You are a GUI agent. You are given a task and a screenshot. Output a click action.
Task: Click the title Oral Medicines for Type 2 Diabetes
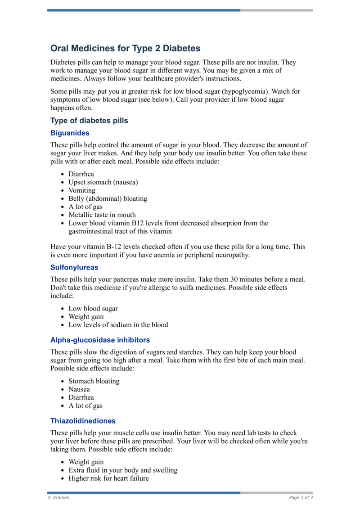tap(125, 48)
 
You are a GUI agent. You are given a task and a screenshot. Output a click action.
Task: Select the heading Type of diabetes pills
tap(89, 121)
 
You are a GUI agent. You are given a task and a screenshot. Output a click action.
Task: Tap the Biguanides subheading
tap(70, 133)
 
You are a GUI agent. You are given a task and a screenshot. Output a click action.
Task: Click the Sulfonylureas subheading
tap(74, 267)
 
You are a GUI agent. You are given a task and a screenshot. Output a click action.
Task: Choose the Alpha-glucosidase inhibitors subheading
tap(100, 340)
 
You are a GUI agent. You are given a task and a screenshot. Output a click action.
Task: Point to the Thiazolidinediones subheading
tap(83, 421)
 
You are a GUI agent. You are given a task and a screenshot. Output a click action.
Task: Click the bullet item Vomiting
tap(82, 190)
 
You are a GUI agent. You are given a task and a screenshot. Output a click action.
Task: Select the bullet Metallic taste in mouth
tap(102, 215)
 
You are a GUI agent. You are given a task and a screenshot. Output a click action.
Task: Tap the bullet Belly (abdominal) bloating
tap(108, 198)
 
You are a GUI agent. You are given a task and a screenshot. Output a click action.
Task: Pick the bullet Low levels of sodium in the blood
tap(118, 324)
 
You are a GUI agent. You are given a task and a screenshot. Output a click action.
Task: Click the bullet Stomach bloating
tap(94, 381)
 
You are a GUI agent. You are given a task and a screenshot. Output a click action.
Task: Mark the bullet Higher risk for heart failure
tap(108, 478)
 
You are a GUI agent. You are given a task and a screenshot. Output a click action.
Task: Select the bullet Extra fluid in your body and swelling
tap(123, 470)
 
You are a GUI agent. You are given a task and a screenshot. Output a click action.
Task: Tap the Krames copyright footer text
tap(58, 497)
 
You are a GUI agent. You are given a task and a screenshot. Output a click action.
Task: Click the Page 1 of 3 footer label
tap(301, 497)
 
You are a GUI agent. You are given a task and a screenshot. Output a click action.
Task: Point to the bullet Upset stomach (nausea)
tap(103, 182)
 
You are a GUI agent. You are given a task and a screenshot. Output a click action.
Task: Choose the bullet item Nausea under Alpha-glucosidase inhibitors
tap(79, 389)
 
